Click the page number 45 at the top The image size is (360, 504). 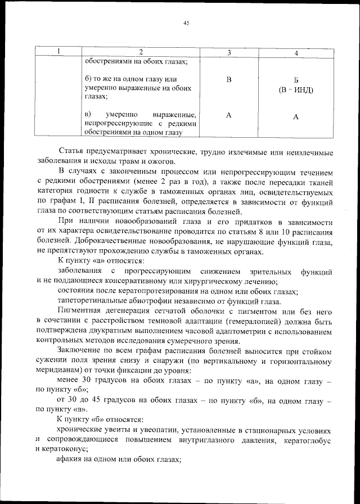[186, 23]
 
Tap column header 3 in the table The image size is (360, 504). [229, 52]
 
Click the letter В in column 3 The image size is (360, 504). [229, 79]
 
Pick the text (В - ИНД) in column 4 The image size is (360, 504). [296, 91]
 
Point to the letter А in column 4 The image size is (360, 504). [296, 116]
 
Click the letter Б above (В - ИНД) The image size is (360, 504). [296, 80]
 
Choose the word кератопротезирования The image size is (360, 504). [159, 291]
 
